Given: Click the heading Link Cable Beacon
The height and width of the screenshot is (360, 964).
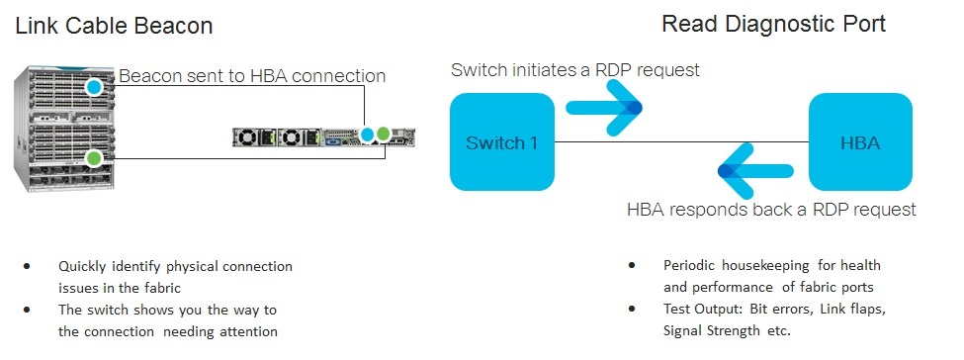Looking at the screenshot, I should pos(114,26).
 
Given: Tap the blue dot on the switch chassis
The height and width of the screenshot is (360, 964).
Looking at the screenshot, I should pos(94,87).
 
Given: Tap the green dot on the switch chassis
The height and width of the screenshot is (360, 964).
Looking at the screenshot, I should pos(94,156).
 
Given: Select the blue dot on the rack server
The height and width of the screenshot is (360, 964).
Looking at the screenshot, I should pos(368,133).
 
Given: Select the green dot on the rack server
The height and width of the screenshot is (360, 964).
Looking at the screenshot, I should pos(383,133).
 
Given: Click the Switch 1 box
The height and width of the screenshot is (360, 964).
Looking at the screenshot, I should pos(501,141).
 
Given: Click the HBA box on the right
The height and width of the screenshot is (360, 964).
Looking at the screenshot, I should pos(860,141).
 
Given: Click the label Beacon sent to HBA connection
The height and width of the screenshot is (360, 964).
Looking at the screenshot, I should pos(252,76).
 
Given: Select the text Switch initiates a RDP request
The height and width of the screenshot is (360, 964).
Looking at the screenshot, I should pos(574,70).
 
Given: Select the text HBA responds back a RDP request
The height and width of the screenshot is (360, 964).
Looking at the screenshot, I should pos(771,210).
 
